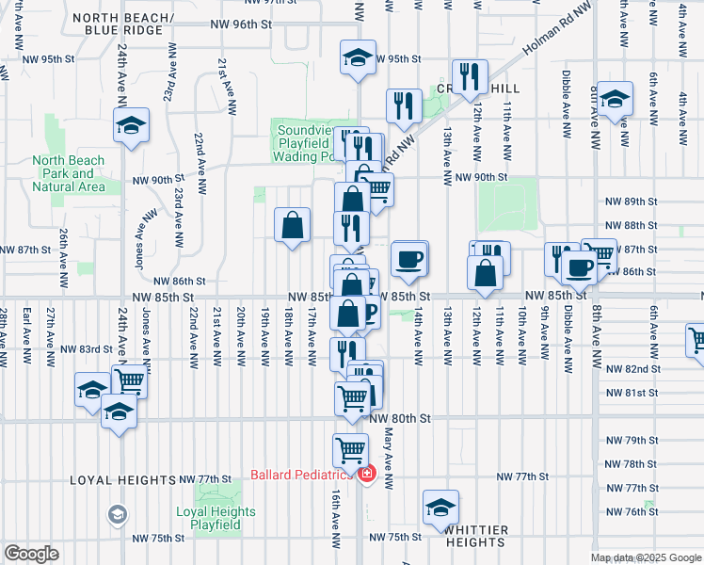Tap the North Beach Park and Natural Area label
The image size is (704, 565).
tap(68, 173)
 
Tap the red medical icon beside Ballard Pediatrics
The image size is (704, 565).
tap(366, 475)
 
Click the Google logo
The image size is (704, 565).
tap(31, 554)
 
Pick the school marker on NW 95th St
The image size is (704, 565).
tap(358, 57)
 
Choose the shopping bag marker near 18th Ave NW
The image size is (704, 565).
tap(293, 225)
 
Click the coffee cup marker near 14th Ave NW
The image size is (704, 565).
tap(408, 260)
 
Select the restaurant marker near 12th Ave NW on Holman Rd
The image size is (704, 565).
tap(469, 77)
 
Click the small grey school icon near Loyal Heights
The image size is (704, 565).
tap(116, 513)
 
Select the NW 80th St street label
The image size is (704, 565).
tap(400, 417)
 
